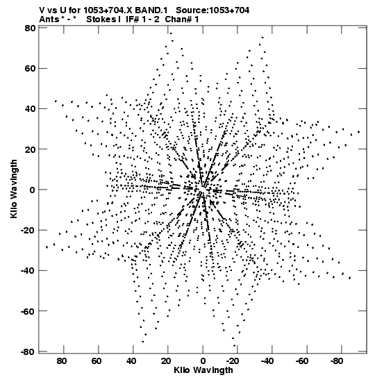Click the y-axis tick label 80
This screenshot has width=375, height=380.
(30, 28)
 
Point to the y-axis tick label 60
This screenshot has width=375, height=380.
(30, 69)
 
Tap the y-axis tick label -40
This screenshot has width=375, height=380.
(28, 270)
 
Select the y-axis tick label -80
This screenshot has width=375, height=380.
(28, 352)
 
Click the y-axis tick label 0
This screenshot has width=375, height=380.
(33, 190)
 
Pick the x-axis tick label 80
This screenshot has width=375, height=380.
(62, 361)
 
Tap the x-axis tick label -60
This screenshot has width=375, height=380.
(302, 361)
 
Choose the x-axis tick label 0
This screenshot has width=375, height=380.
(203, 361)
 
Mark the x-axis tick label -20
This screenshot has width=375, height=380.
(233, 361)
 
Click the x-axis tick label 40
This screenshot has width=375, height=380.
(131, 361)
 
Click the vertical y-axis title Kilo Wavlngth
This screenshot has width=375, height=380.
(14, 189)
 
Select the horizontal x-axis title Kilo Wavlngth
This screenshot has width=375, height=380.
(203, 370)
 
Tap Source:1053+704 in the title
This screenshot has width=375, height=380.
(212, 10)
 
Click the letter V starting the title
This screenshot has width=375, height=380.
(42, 10)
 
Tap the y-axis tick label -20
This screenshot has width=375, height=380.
(28, 230)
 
